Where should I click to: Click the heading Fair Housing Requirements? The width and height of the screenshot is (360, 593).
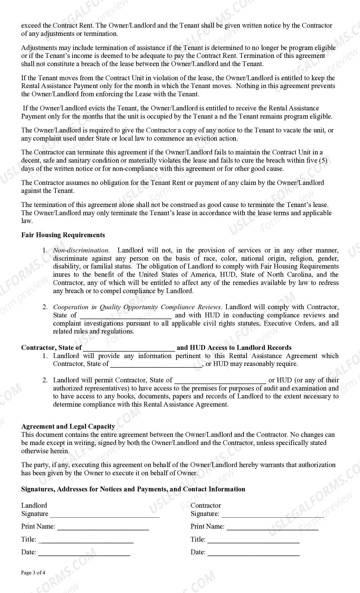coord(63,235)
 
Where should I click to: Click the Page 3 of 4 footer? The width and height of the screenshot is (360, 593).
coord(33,573)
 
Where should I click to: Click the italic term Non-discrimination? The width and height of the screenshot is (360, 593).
coord(81,250)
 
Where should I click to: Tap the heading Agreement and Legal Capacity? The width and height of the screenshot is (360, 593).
coord(68,426)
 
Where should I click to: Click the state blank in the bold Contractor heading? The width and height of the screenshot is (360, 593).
coord(129,348)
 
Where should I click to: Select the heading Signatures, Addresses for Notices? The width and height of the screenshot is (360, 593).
coord(133,489)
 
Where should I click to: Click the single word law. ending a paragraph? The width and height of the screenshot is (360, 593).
coord(27,221)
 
